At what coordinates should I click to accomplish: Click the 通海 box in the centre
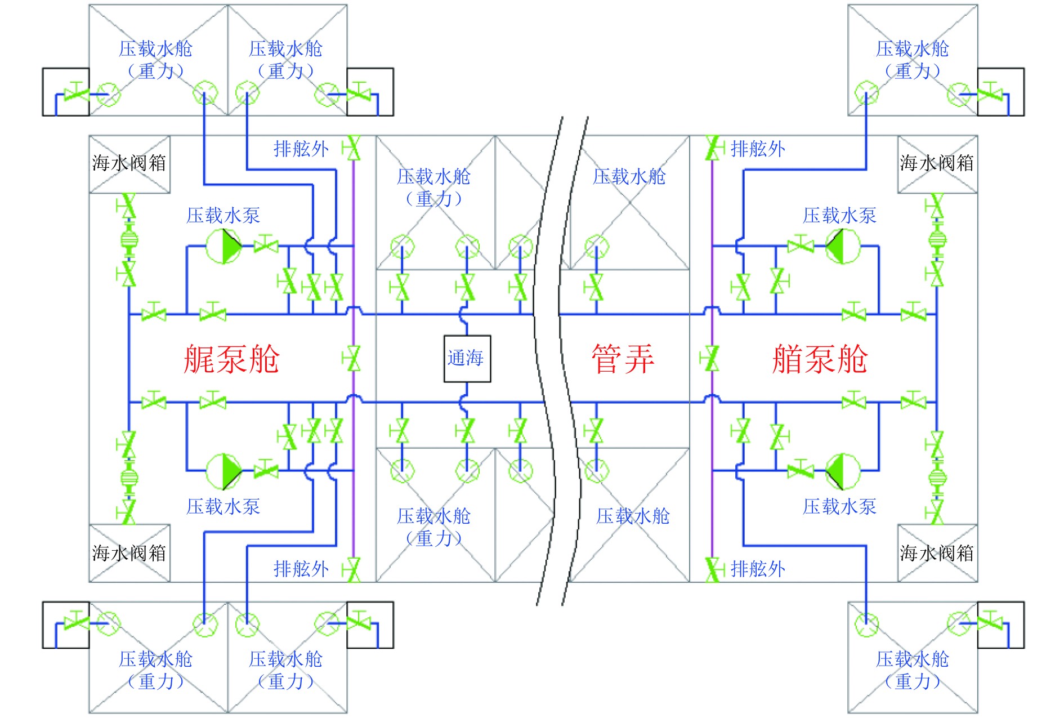(x=467, y=359)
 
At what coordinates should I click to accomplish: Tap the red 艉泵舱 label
(x=231, y=359)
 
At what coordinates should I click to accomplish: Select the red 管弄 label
(x=623, y=359)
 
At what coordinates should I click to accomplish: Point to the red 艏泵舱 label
(x=820, y=359)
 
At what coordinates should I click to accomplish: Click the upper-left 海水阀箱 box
(x=129, y=164)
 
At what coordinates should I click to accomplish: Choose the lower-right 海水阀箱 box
(x=937, y=553)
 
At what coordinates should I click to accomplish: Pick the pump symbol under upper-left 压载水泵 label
(x=224, y=246)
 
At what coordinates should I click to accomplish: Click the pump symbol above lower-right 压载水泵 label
(x=843, y=470)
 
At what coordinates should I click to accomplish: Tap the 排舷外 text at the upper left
(x=301, y=149)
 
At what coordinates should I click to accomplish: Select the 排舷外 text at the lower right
(x=758, y=569)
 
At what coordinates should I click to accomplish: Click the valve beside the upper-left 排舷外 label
(x=353, y=149)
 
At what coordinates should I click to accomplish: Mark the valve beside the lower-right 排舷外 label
(x=713, y=569)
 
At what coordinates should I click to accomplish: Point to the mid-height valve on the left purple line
(x=353, y=359)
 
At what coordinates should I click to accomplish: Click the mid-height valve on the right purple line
(x=711, y=359)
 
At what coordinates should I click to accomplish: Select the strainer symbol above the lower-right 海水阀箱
(x=937, y=478)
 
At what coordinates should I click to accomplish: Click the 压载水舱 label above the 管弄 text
(x=629, y=177)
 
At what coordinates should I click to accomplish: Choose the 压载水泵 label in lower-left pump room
(x=223, y=507)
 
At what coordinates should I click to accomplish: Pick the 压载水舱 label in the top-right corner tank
(x=912, y=50)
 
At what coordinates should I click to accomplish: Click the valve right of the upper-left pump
(x=266, y=246)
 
